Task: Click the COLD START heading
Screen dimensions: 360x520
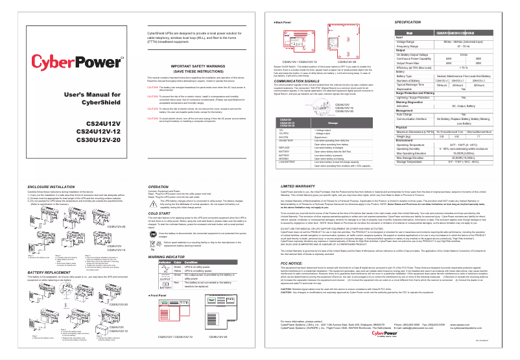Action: click(159, 212)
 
